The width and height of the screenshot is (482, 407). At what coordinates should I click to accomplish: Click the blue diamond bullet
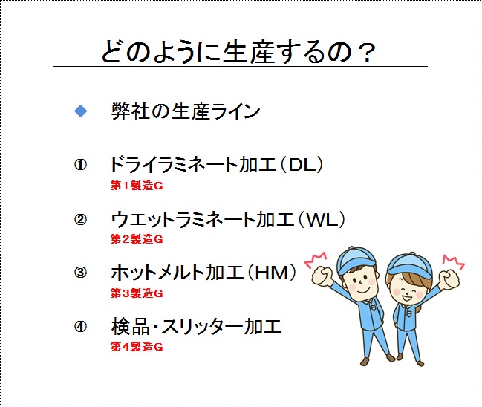pyautogui.click(x=81, y=111)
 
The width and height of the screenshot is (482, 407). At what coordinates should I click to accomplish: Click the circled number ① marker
pyautogui.click(x=80, y=165)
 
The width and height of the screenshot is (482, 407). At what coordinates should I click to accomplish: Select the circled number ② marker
pyautogui.click(x=80, y=220)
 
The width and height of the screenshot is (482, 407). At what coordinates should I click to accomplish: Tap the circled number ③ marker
pyautogui.click(x=80, y=273)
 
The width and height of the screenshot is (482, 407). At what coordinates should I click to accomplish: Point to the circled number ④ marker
pyautogui.click(x=80, y=327)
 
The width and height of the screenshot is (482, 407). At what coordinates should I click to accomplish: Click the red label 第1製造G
pyautogui.click(x=137, y=186)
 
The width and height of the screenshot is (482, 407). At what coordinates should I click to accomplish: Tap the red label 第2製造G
pyautogui.click(x=137, y=239)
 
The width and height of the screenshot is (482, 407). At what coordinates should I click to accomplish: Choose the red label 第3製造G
pyautogui.click(x=137, y=293)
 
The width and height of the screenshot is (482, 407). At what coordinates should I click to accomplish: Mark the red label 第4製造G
pyautogui.click(x=137, y=347)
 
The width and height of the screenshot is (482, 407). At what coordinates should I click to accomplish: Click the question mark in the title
pyautogui.click(x=367, y=53)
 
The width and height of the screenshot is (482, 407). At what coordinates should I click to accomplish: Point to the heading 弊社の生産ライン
pyautogui.click(x=186, y=111)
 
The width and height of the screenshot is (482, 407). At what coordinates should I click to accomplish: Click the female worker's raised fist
pyautogui.click(x=449, y=279)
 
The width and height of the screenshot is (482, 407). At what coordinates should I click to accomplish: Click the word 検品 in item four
pyautogui.click(x=130, y=327)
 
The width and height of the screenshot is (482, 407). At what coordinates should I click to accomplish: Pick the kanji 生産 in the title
pyautogui.click(x=248, y=52)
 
